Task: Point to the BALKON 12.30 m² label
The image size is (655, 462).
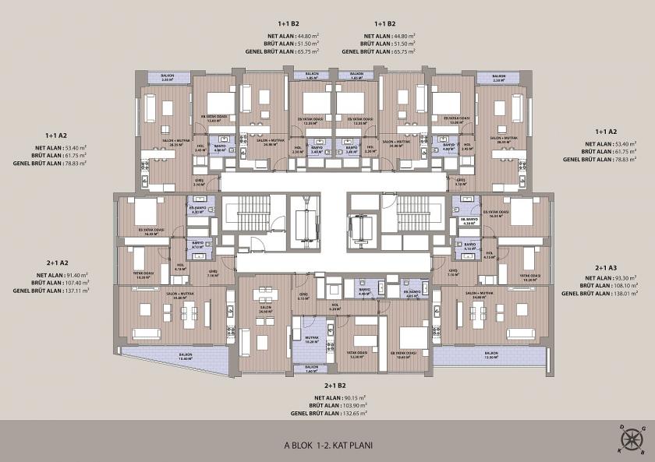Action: pos(490,357)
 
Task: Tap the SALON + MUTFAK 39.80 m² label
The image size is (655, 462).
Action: pos(173,296)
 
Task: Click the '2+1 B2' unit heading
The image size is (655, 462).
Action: pos(335,386)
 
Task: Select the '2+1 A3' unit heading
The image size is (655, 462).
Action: pos(606,267)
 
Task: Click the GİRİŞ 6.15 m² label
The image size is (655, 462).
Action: pos(303,297)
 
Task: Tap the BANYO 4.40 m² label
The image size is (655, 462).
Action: pos(363,292)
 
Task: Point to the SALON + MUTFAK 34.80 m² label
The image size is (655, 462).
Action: pos(479,296)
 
